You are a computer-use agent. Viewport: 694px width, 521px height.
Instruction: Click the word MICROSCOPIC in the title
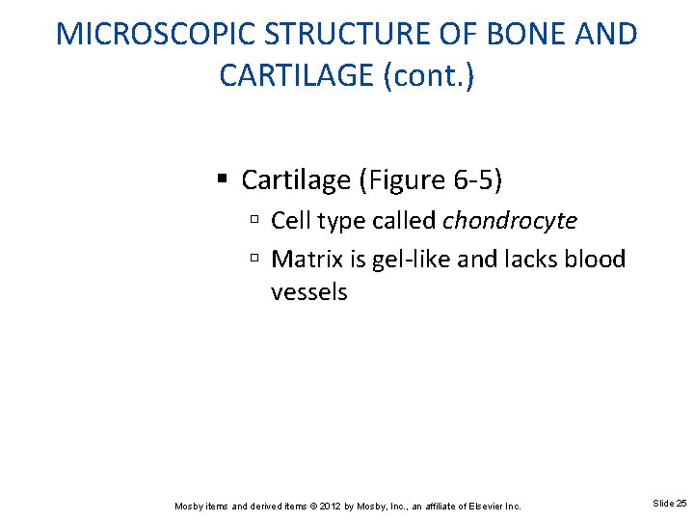155,34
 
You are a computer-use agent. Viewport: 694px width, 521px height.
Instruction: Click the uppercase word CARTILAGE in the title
297,75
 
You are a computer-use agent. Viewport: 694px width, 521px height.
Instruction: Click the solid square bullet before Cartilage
223,180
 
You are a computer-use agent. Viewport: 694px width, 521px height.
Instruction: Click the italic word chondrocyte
510,221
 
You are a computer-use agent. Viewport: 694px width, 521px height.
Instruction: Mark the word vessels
308,291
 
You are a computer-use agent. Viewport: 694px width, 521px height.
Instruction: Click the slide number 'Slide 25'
670,504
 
